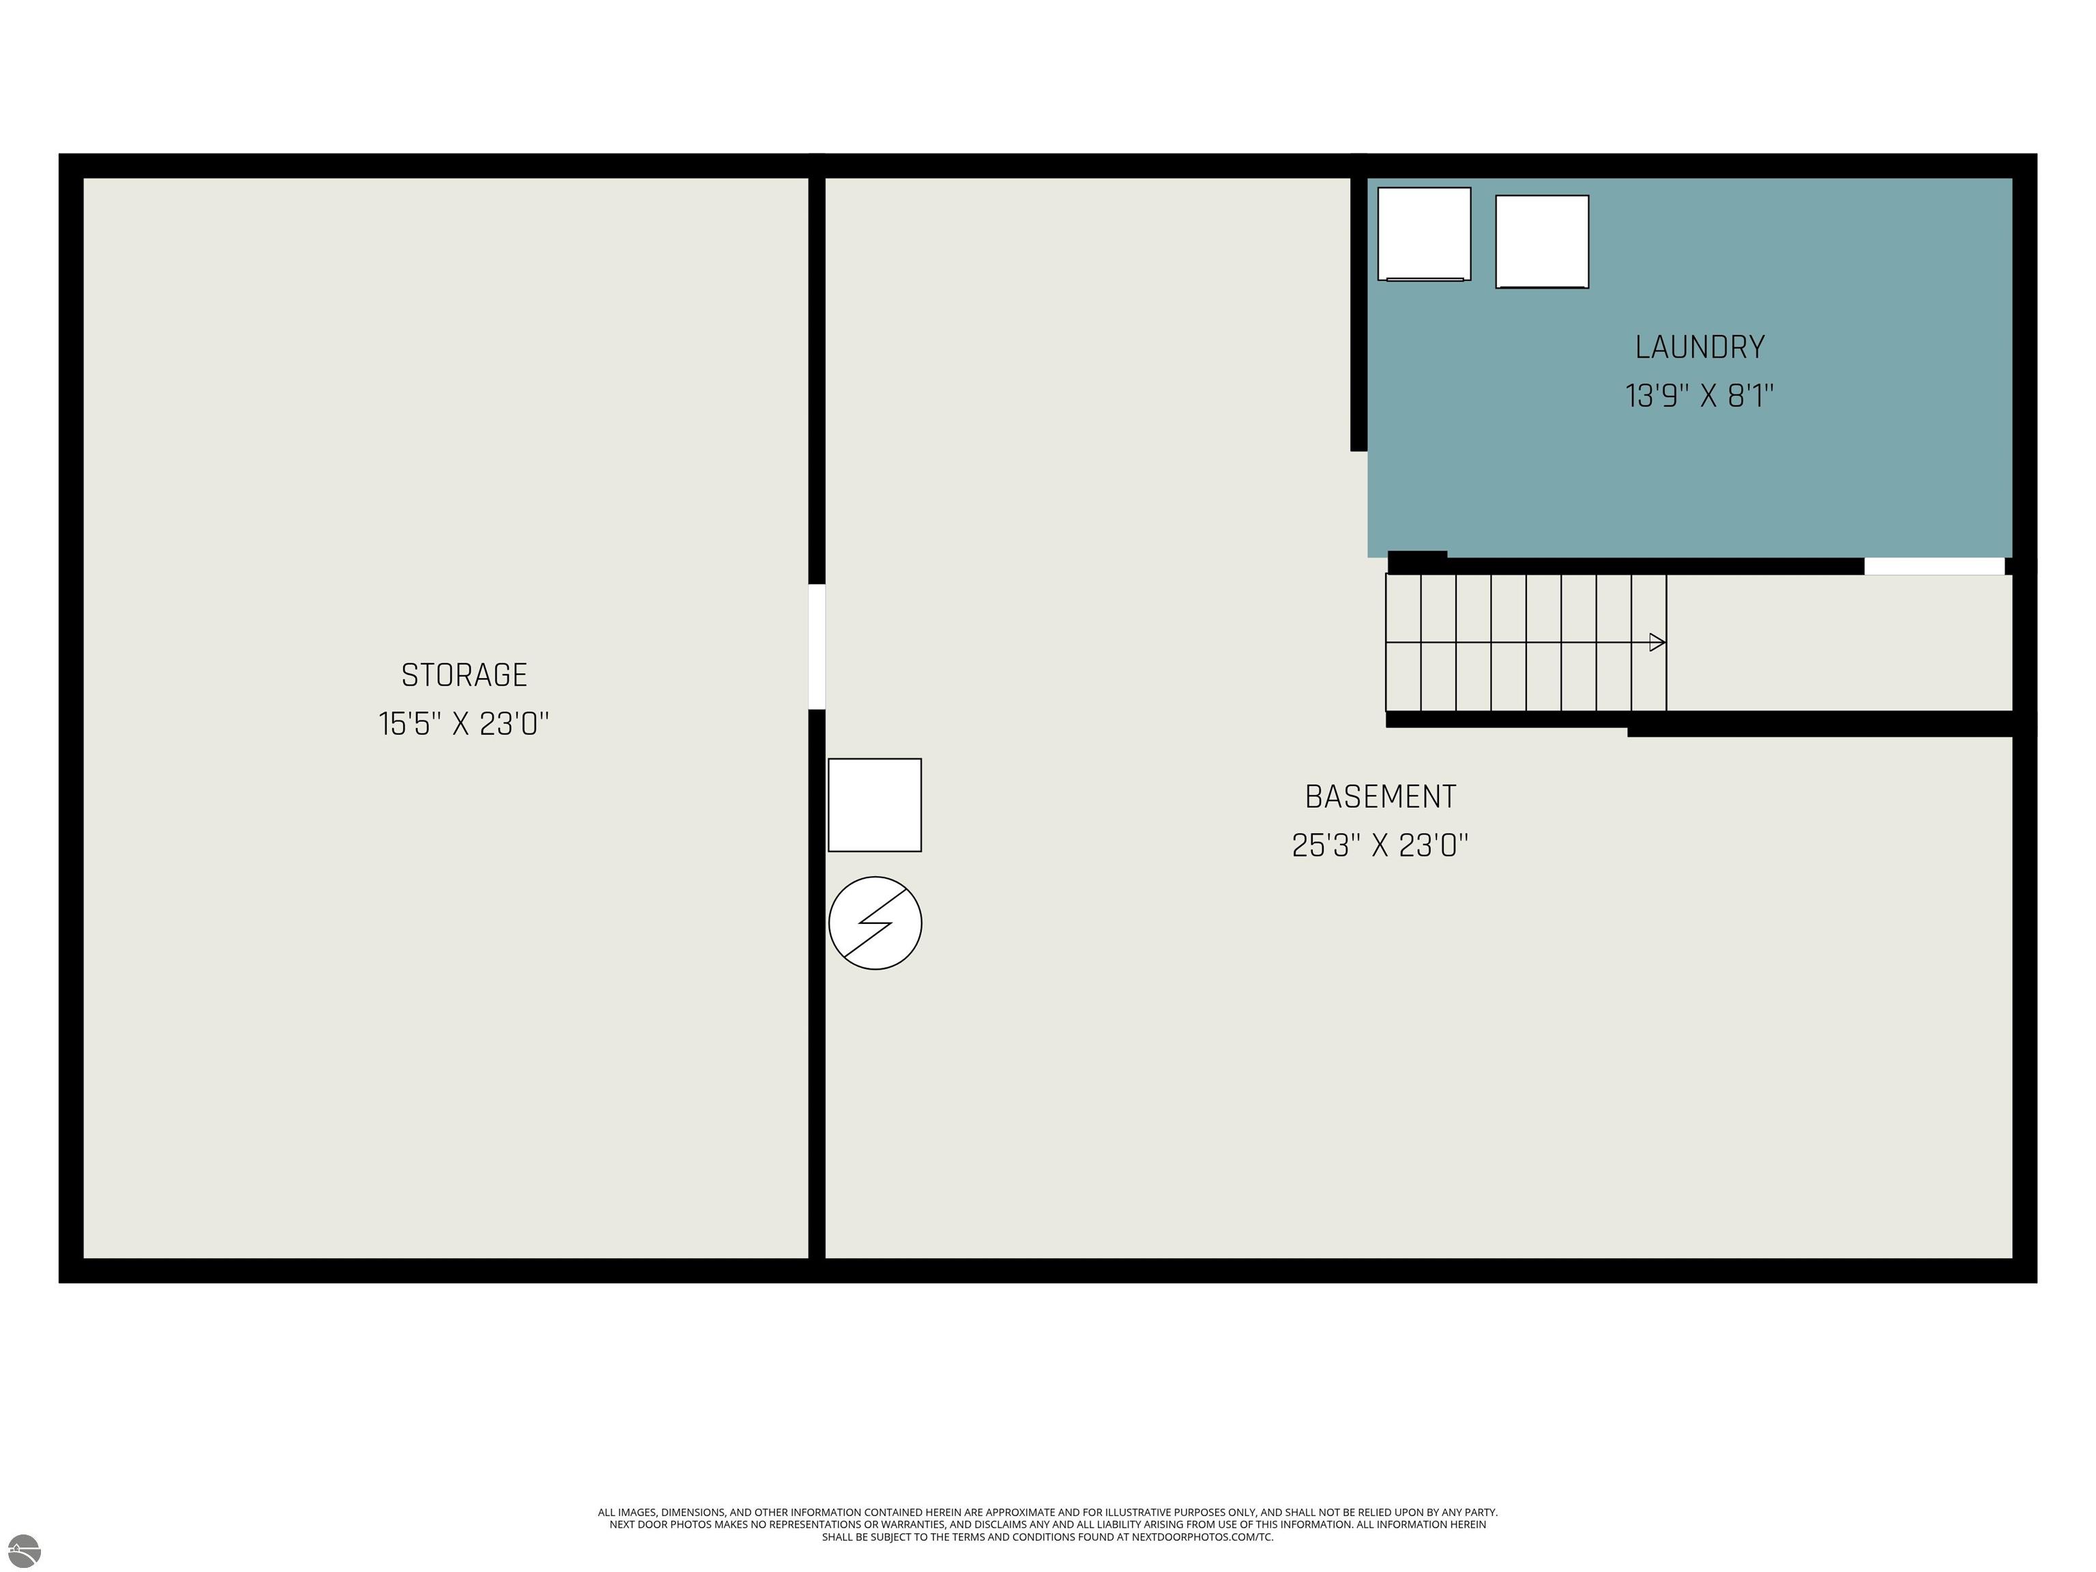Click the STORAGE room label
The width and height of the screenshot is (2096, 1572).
(x=465, y=675)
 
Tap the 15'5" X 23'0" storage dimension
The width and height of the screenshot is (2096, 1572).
(x=465, y=724)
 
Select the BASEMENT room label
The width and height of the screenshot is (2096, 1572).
(x=1380, y=797)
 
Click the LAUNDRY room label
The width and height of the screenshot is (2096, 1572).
(x=1700, y=347)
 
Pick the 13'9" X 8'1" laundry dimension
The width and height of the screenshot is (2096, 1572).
(x=1700, y=395)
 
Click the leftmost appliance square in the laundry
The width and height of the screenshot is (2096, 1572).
(x=1424, y=234)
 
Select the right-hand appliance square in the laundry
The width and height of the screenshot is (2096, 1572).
(x=1542, y=242)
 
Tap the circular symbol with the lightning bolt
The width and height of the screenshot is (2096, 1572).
(x=875, y=923)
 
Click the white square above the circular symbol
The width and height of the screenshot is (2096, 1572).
(x=875, y=804)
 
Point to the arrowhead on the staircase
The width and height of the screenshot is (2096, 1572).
(x=1657, y=643)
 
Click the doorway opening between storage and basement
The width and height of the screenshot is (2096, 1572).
(x=816, y=646)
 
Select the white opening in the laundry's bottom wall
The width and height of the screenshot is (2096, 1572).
(x=1934, y=566)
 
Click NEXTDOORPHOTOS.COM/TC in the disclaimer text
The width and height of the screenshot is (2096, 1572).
(x=1202, y=1537)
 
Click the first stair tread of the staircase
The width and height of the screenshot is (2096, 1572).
(x=1403, y=643)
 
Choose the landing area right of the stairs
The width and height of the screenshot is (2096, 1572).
(x=1838, y=643)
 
